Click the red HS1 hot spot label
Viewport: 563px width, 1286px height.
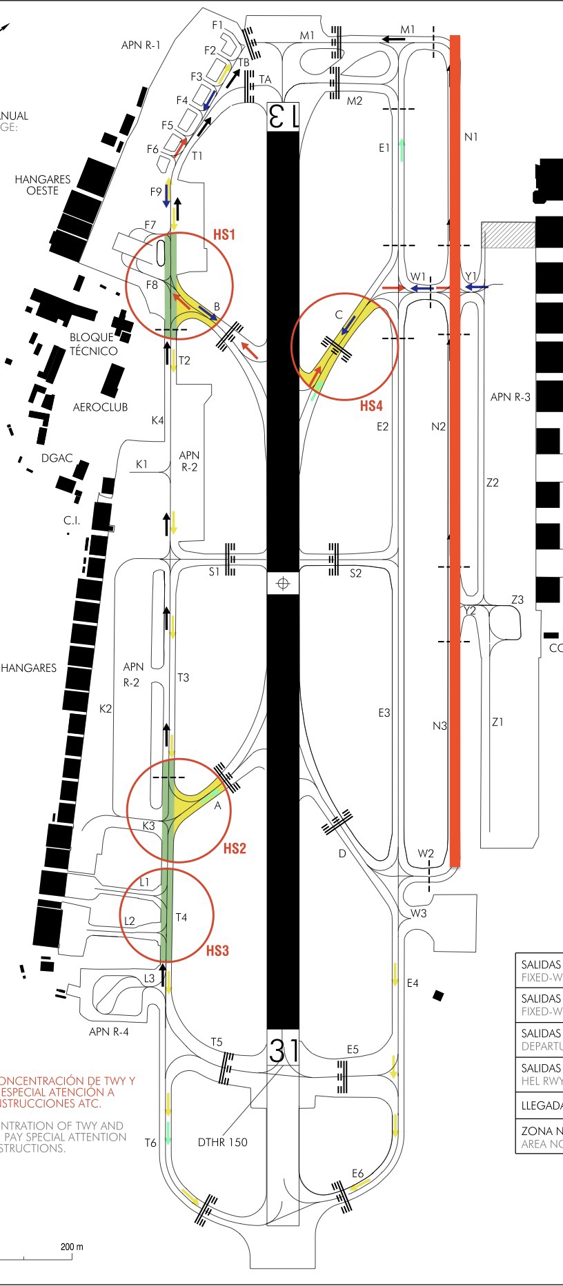tap(224, 235)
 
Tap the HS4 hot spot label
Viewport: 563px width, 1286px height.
tap(371, 406)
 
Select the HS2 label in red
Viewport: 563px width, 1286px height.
tap(235, 848)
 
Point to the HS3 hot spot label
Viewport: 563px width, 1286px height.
tap(217, 951)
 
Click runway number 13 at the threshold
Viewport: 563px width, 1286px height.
tap(283, 116)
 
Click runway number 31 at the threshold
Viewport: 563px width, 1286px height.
tap(283, 1051)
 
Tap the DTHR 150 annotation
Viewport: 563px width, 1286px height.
tap(222, 1142)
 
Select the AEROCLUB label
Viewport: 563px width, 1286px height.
tap(101, 407)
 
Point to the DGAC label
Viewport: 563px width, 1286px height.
tap(57, 458)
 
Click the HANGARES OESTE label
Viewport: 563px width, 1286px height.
tap(43, 185)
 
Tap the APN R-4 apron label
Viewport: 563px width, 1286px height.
tap(108, 1032)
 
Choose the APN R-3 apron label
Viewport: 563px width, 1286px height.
tap(511, 397)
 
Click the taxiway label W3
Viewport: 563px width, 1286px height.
tap(419, 913)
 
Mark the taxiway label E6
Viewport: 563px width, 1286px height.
tap(357, 1174)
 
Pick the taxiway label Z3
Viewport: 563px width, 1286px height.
tap(517, 600)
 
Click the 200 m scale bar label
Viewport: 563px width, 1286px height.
tap(72, 1247)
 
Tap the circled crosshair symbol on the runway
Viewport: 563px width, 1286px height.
tap(282, 584)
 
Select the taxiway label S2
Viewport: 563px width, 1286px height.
tap(355, 573)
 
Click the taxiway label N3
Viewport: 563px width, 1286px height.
tap(439, 726)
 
